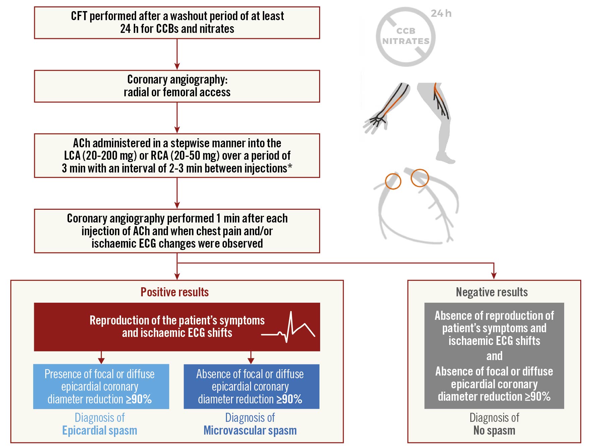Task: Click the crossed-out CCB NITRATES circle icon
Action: [x=406, y=37]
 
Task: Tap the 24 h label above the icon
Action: [x=441, y=13]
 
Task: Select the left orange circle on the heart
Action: [x=393, y=181]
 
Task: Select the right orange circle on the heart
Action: [x=420, y=178]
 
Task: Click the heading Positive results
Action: [x=175, y=292]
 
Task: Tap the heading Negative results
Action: [x=492, y=292]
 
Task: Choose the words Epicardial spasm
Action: [x=100, y=431]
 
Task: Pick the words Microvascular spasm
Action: [x=250, y=431]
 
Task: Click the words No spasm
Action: [x=494, y=431]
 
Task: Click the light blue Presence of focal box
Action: [x=101, y=387]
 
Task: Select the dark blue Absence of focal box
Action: [x=251, y=387]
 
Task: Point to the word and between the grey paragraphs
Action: [x=494, y=356]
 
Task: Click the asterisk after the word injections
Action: [x=290, y=167]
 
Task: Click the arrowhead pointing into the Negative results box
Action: [x=494, y=276]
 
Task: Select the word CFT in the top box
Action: [x=79, y=16]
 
